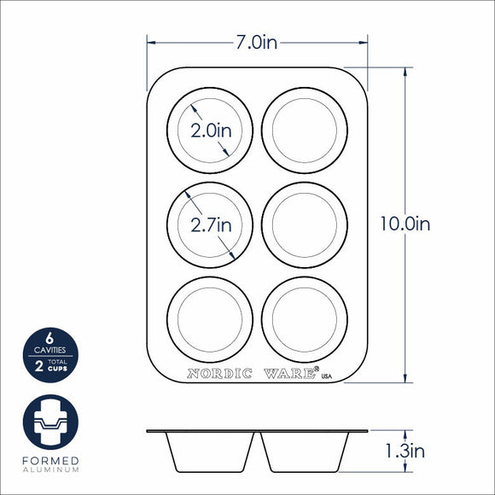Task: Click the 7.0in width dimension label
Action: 257,43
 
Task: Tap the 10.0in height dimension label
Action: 405,224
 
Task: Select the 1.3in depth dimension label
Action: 405,451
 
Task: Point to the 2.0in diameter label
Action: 211,131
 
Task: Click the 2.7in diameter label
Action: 211,225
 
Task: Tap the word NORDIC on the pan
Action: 219,374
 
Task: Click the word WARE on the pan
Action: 289,374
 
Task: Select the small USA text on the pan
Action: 327,376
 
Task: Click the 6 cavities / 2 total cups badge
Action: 50,355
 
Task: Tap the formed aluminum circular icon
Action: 50,422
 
